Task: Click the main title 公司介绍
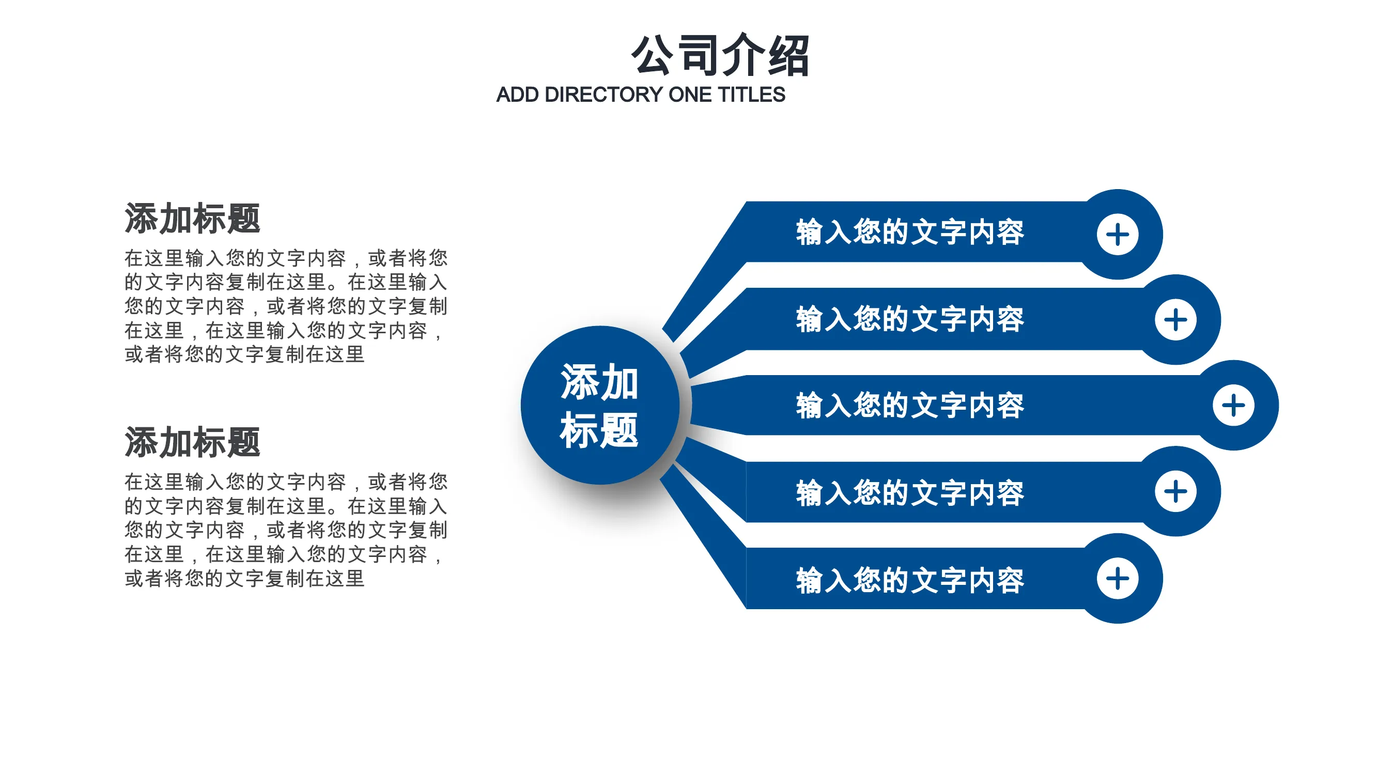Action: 720,55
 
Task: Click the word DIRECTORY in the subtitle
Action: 604,95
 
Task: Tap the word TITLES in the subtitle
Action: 751,95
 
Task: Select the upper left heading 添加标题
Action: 192,218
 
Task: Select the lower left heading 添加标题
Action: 192,442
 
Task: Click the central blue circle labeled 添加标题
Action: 600,405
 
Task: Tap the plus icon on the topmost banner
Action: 1118,234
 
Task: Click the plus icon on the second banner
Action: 1175,320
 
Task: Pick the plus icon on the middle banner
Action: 1233,405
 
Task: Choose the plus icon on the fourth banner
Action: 1175,491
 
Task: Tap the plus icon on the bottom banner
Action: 1118,578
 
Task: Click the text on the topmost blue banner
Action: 910,232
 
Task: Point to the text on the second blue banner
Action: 910,319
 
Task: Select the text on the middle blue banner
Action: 910,405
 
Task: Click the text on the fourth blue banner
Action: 910,492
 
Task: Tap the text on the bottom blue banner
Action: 910,580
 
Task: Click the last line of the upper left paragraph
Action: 244,354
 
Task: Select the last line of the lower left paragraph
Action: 244,578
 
